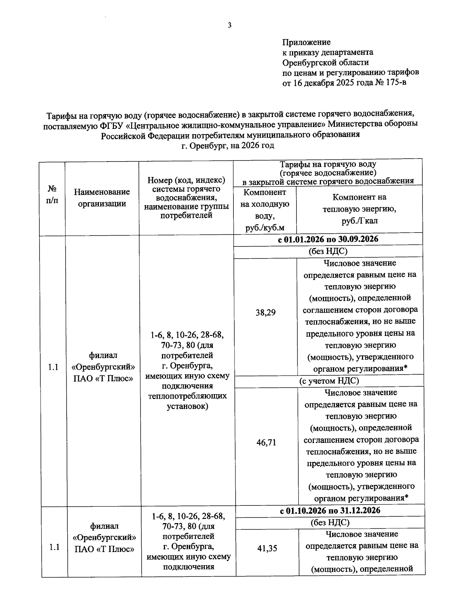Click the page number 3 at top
[229, 26]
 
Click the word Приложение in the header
[306, 42]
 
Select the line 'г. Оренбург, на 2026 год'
[227, 145]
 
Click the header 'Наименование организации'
[102, 198]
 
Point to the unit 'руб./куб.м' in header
[265, 228]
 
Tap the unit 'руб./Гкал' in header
[359, 221]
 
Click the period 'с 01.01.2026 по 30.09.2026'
[328, 239]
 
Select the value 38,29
[265, 313]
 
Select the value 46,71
[266, 443]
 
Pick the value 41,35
[267, 549]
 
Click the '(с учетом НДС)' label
[329, 381]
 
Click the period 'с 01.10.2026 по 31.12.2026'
[330, 510]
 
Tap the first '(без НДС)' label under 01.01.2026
[328, 251]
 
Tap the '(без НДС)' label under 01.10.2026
[330, 522]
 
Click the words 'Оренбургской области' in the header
[325, 62]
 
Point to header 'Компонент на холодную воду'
[265, 204]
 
